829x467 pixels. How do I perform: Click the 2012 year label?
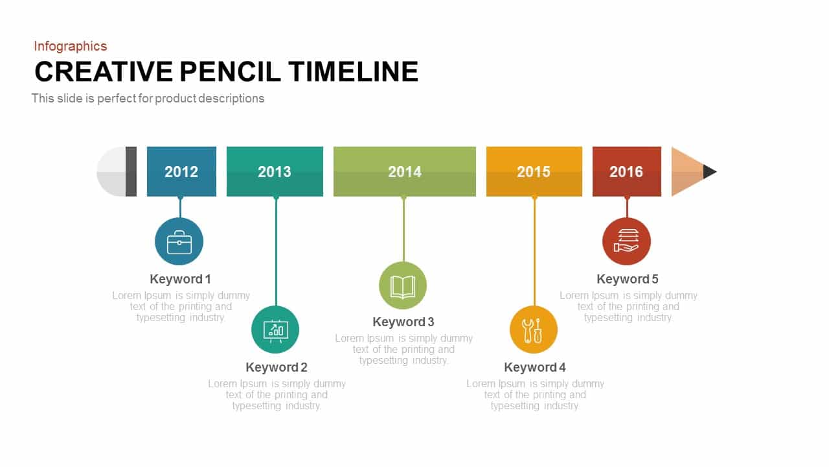coord(181,172)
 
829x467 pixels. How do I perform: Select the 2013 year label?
coord(275,172)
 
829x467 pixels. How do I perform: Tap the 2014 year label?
coord(405,172)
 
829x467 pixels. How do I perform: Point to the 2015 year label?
coord(534,172)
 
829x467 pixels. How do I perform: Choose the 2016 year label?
coord(626,172)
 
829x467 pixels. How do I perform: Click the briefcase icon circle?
coord(179,241)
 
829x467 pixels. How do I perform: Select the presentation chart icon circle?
coord(275,329)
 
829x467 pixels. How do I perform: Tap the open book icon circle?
coord(403,285)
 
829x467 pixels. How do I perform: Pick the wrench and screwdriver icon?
coord(533,330)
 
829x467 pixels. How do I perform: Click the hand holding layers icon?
coord(626,241)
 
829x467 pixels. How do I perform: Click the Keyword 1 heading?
coord(180,279)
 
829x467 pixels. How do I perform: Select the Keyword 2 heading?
coord(277,367)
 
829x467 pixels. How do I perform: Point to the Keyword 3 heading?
coord(403,322)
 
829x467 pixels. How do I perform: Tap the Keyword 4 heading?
coord(535,367)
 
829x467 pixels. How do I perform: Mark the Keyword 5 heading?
coord(628,279)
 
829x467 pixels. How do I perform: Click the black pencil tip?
coord(709,172)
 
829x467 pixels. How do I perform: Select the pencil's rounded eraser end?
coord(111,172)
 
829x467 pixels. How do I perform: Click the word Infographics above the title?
coord(71,46)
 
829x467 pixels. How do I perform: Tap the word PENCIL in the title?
coord(230,71)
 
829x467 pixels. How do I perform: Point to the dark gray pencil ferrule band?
coord(131,172)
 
